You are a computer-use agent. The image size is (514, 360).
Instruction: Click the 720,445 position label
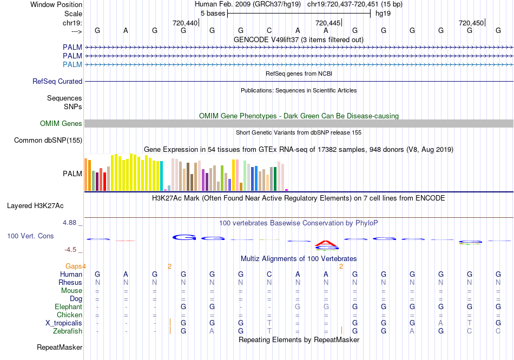(x=328, y=23)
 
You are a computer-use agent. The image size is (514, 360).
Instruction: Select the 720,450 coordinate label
(x=471, y=23)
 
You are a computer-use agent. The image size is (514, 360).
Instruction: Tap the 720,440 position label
(x=185, y=23)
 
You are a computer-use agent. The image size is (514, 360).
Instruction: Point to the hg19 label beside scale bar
(x=383, y=13)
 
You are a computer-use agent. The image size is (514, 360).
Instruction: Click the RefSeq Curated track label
(x=57, y=81)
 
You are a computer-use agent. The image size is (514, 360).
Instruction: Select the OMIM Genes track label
(x=61, y=124)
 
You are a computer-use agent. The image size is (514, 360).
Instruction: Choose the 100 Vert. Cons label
(x=30, y=236)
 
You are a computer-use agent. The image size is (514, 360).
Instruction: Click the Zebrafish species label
(x=68, y=331)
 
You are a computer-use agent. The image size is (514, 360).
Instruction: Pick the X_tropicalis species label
(x=64, y=323)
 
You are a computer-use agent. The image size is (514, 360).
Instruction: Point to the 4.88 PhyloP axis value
(x=71, y=223)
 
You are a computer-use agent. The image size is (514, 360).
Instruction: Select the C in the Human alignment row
(x=269, y=274)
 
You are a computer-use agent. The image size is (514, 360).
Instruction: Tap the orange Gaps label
(x=74, y=266)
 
